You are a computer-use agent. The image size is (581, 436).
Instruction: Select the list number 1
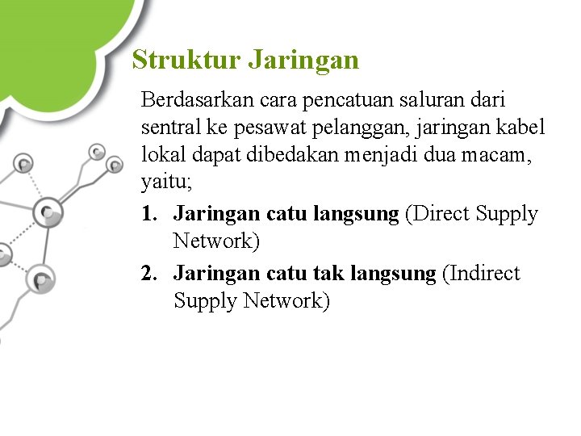click(147, 214)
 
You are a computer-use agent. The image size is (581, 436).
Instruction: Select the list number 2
click(147, 274)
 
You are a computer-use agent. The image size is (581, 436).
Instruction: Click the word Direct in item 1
click(441, 214)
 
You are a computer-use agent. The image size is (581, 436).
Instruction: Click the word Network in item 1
click(212, 241)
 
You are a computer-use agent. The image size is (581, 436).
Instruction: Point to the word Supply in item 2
click(205, 302)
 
